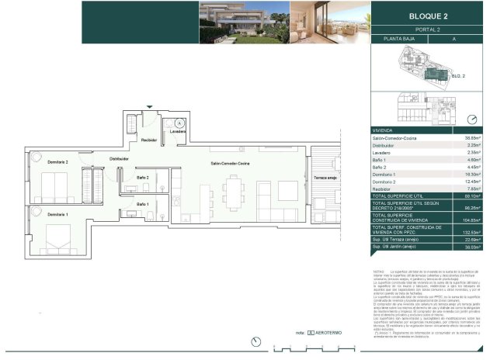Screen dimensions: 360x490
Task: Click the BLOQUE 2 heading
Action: click(428, 15)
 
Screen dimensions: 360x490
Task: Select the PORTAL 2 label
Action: click(428, 29)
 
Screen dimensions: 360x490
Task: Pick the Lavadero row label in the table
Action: click(385, 153)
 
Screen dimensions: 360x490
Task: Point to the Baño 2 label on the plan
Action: click(143, 178)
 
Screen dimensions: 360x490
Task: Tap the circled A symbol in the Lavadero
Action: click(179, 123)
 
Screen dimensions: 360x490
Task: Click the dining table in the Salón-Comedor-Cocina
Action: click(233, 190)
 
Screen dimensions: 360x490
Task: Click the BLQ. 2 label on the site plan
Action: click(459, 77)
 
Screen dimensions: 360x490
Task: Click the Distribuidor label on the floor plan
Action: click(119, 159)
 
